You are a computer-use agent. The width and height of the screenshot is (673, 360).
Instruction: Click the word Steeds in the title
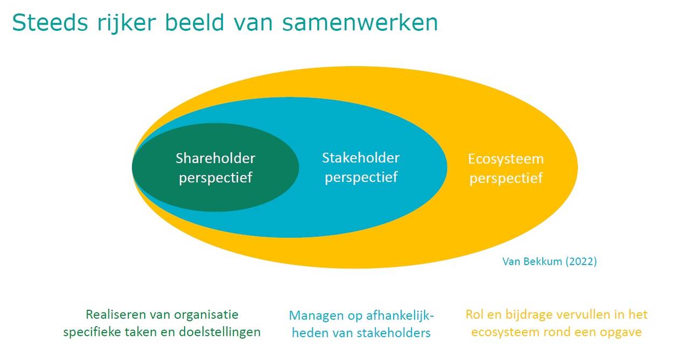click(x=50, y=22)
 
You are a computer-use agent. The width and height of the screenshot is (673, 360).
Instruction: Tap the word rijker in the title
click(x=127, y=24)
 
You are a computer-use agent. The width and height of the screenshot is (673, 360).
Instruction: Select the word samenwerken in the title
click(x=360, y=23)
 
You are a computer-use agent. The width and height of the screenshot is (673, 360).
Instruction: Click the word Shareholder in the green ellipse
click(x=215, y=158)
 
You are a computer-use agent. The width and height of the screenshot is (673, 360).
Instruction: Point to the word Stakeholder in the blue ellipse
click(x=361, y=158)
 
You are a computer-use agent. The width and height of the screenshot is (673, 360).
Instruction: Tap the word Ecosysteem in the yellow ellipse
click(x=506, y=159)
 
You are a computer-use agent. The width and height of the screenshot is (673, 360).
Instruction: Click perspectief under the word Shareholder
click(x=215, y=178)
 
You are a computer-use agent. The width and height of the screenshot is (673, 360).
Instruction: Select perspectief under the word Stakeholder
click(x=361, y=177)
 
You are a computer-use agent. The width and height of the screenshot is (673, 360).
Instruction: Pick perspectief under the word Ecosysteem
click(x=506, y=178)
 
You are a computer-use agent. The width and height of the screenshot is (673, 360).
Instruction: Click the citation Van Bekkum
click(x=532, y=262)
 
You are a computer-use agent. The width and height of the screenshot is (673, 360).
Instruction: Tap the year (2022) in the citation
click(x=581, y=262)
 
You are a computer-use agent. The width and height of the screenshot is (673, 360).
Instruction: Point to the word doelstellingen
click(x=220, y=332)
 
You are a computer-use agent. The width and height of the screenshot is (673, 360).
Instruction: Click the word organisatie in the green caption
click(x=206, y=315)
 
